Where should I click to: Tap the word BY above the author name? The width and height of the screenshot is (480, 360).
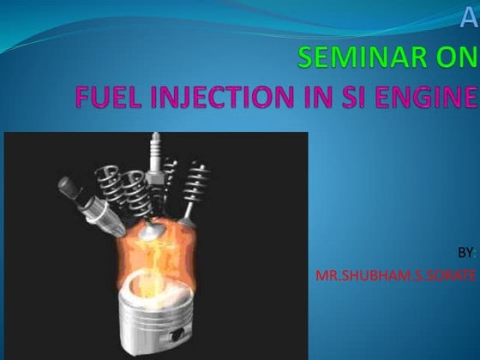click(x=464, y=254)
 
